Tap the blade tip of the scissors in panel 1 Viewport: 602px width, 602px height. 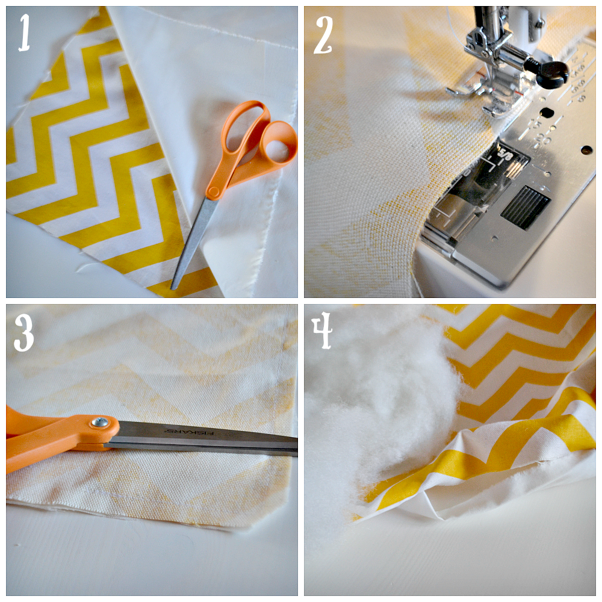[x=175, y=287]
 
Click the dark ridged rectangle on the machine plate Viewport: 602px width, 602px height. [x=524, y=206]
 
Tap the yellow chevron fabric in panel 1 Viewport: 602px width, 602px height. [x=90, y=150]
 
